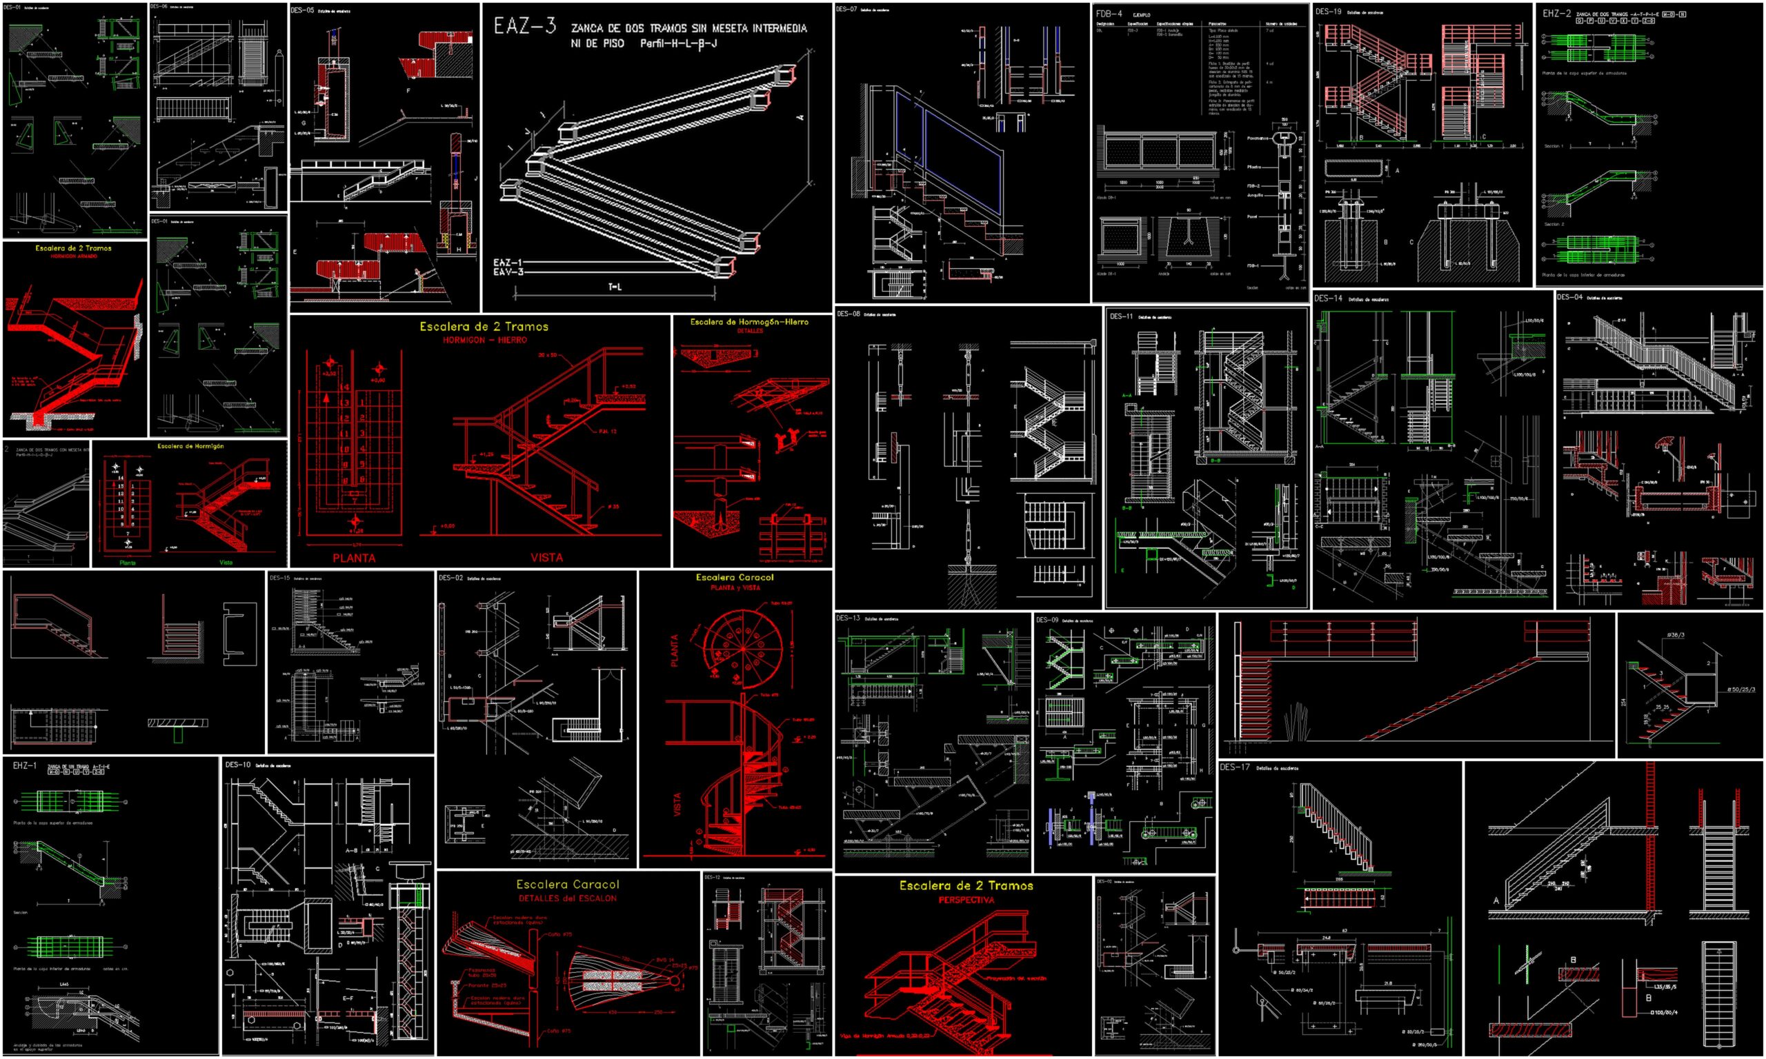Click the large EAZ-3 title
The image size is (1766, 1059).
(525, 27)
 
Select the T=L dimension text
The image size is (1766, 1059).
(615, 287)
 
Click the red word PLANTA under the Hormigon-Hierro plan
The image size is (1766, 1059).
(353, 558)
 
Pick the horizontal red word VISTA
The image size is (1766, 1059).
(546, 558)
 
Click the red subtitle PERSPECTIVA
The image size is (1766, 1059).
(965, 900)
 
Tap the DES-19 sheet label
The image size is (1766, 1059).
(1329, 12)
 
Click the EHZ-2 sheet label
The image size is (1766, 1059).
(1556, 13)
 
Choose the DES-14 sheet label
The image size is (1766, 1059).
(1328, 299)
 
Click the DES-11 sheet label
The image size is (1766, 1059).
(1121, 316)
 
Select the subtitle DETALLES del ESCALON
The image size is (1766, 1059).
(568, 898)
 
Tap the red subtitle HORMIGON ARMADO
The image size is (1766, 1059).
(74, 256)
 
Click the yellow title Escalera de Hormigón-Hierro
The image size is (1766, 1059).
(748, 323)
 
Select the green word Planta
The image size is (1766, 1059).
(128, 563)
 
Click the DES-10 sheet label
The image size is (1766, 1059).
(238, 765)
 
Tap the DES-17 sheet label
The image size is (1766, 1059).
(1235, 768)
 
